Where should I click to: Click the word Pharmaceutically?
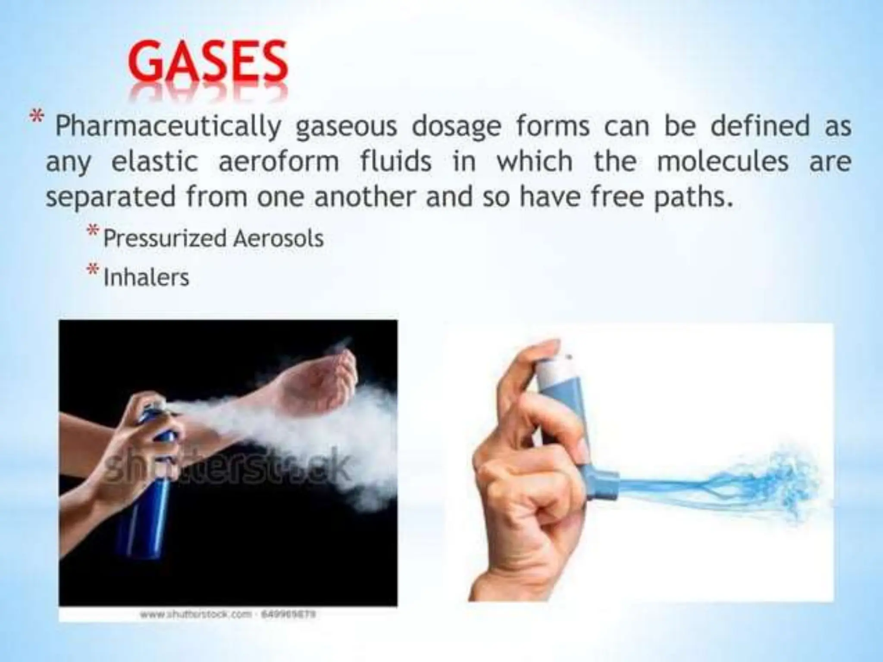(168, 128)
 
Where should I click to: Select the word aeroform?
(279, 162)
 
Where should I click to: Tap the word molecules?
(723, 162)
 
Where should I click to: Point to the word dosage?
(457, 128)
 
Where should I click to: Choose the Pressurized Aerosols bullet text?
(213, 238)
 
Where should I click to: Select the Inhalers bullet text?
(146, 277)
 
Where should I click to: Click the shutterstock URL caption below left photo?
(229, 615)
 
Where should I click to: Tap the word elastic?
(154, 162)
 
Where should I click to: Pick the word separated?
(111, 197)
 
